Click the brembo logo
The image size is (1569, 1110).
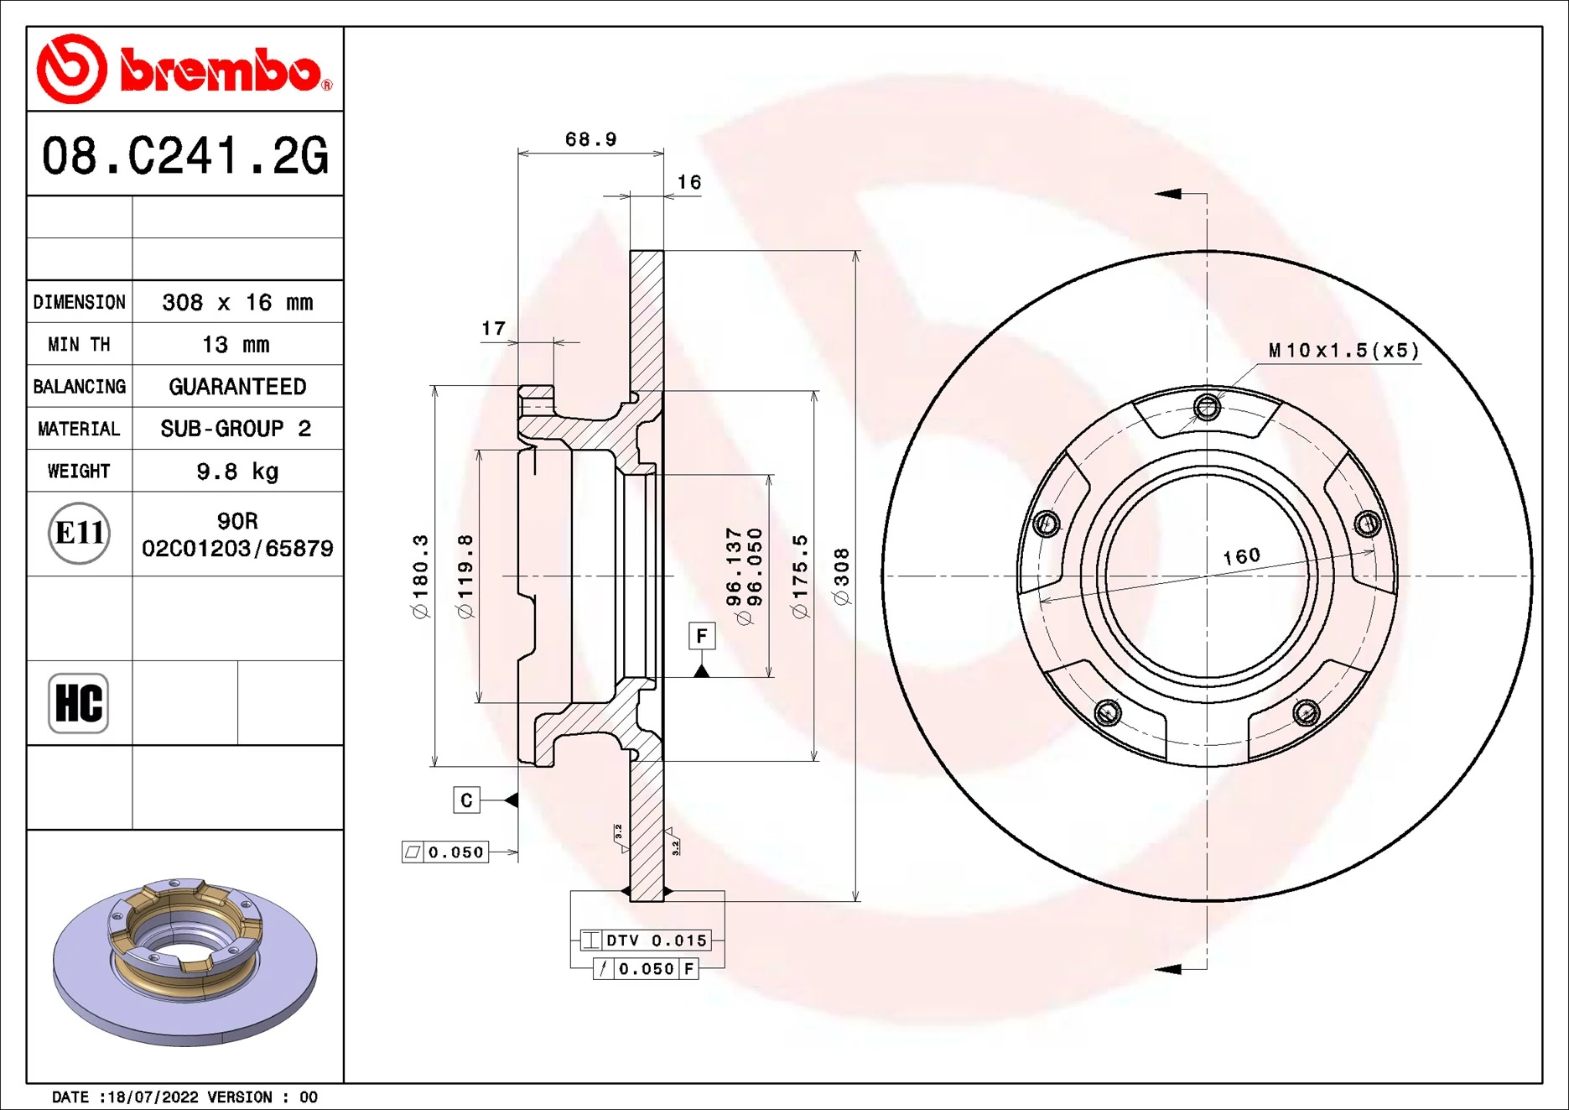coord(184,69)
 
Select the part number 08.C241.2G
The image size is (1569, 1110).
coord(184,156)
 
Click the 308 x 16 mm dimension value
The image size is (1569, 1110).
coord(237,302)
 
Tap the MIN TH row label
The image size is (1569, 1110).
coord(79,344)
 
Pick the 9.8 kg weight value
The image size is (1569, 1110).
coord(237,471)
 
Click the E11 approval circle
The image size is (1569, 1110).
coord(79,533)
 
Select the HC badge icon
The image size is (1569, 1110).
coord(79,703)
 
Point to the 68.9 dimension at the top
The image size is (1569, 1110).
coord(590,139)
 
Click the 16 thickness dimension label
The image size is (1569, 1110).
coord(688,182)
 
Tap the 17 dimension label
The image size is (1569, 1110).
coord(493,328)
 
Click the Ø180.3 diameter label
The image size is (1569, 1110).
coord(420,576)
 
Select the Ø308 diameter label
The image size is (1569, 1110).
coord(842,576)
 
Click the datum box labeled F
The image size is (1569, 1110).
coord(701,636)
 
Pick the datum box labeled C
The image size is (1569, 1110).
coord(466,800)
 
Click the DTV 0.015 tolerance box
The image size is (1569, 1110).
coord(646,941)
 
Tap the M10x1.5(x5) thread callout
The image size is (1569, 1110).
coord(1343,350)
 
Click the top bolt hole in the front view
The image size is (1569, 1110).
coord(1207,408)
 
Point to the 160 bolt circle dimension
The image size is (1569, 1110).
coord(1241,555)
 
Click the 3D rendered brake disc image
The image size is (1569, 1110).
coord(184,961)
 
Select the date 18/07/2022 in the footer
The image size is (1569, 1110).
coord(154,1097)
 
